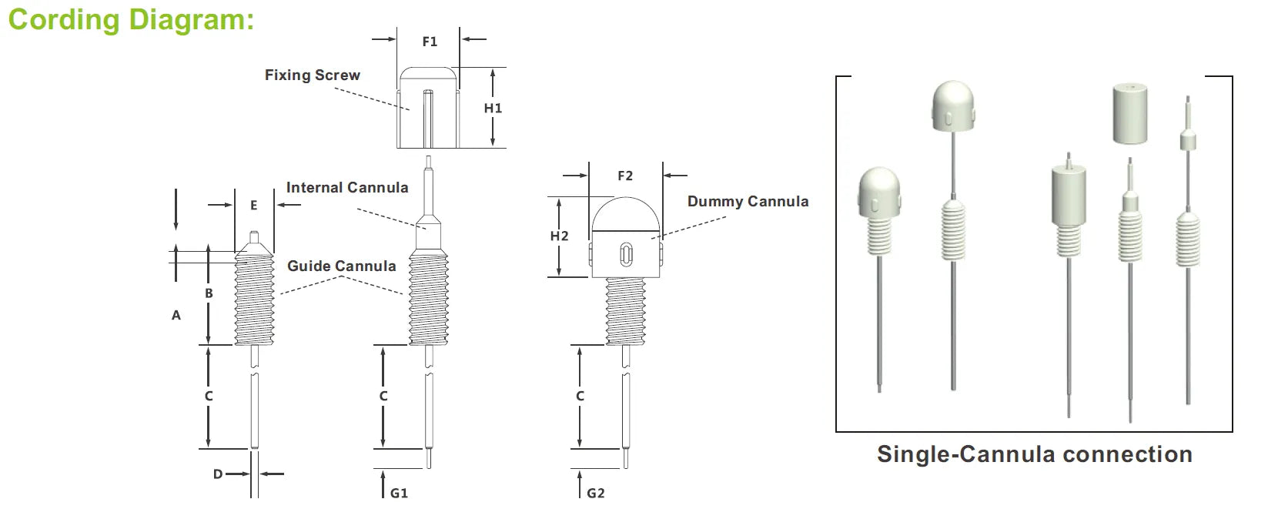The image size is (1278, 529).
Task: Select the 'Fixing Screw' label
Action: [312, 75]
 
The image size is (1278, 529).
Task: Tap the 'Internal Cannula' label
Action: [347, 188]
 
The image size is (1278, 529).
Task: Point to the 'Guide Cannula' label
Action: [341, 266]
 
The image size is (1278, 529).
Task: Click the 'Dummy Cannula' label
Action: [748, 202]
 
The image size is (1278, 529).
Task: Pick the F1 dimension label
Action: [430, 42]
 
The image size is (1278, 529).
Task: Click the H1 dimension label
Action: [493, 109]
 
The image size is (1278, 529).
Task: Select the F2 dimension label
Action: [625, 176]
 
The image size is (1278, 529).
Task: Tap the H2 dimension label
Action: [559, 236]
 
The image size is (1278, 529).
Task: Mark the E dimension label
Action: [253, 206]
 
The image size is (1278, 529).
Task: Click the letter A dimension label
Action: [176, 315]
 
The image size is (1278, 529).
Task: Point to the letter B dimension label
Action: [209, 293]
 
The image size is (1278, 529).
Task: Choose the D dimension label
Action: [218, 474]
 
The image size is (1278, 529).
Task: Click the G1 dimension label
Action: [399, 494]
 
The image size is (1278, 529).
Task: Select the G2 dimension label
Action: [596, 494]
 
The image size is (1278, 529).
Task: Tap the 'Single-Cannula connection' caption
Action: [1034, 454]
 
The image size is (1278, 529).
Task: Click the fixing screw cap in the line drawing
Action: [428, 108]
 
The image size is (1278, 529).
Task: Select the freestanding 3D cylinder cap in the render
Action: [1131, 115]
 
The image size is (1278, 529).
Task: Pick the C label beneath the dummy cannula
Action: [580, 396]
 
